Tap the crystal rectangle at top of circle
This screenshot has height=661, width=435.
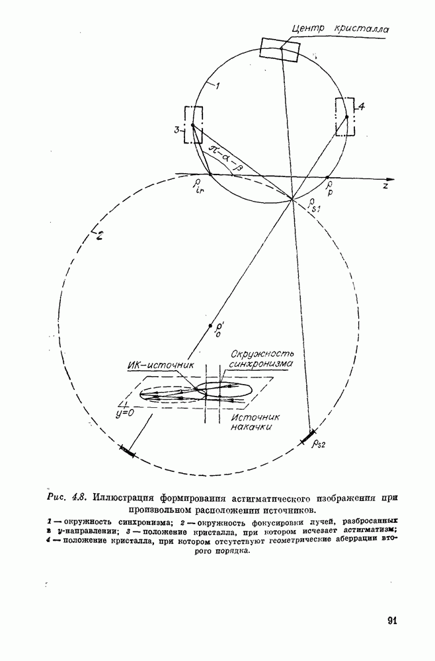[x=280, y=49]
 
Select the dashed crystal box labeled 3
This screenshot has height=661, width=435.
[x=193, y=124]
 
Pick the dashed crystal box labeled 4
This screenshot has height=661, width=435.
[x=346, y=116]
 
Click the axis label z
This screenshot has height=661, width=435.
[x=383, y=188]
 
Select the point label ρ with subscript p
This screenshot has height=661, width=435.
[x=329, y=185]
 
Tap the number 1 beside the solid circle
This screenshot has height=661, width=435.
[x=215, y=85]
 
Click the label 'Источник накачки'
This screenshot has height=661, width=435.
[x=256, y=422]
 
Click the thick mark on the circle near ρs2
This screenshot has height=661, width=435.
[x=308, y=436]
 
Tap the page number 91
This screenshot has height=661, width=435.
[x=391, y=620]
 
